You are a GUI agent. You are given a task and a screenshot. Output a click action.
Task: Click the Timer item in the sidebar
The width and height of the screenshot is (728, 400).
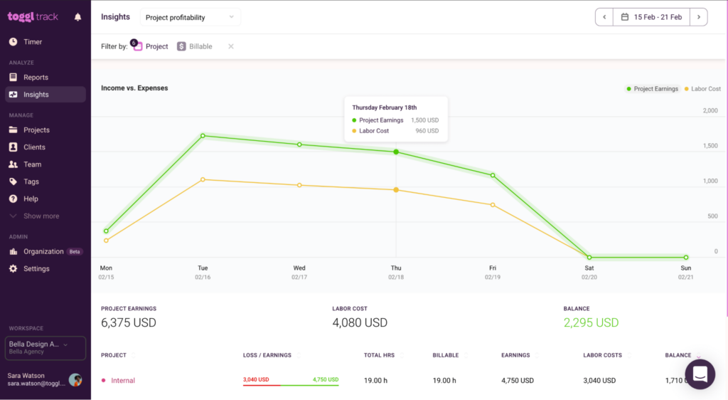[32, 42]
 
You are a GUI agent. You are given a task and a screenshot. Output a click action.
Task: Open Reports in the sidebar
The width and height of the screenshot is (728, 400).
[36, 77]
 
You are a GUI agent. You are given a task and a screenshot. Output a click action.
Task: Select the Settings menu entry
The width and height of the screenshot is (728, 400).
[36, 269]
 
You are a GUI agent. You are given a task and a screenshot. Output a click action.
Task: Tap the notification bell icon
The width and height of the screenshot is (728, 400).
[77, 17]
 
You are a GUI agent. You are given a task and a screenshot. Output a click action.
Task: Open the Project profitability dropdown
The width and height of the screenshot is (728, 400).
[190, 17]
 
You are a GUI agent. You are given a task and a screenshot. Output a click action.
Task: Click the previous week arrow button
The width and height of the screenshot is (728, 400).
[604, 17]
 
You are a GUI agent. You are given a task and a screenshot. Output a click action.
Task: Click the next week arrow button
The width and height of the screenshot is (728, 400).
[698, 17]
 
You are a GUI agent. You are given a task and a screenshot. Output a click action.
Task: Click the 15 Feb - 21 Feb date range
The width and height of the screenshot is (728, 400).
[651, 17]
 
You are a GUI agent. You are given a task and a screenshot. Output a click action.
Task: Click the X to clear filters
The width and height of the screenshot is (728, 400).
[230, 46]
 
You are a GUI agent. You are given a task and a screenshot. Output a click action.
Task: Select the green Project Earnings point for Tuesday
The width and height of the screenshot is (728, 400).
[203, 135]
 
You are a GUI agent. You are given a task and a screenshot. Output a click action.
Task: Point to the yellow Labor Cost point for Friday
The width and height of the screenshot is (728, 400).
[493, 205]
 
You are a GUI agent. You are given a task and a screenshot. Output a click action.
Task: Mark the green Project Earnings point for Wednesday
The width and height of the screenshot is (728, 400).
[299, 144]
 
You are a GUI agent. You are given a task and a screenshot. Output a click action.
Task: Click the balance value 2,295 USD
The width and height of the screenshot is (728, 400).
[591, 322]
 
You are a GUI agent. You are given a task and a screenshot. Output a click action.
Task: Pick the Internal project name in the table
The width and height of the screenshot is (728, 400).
[123, 381]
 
